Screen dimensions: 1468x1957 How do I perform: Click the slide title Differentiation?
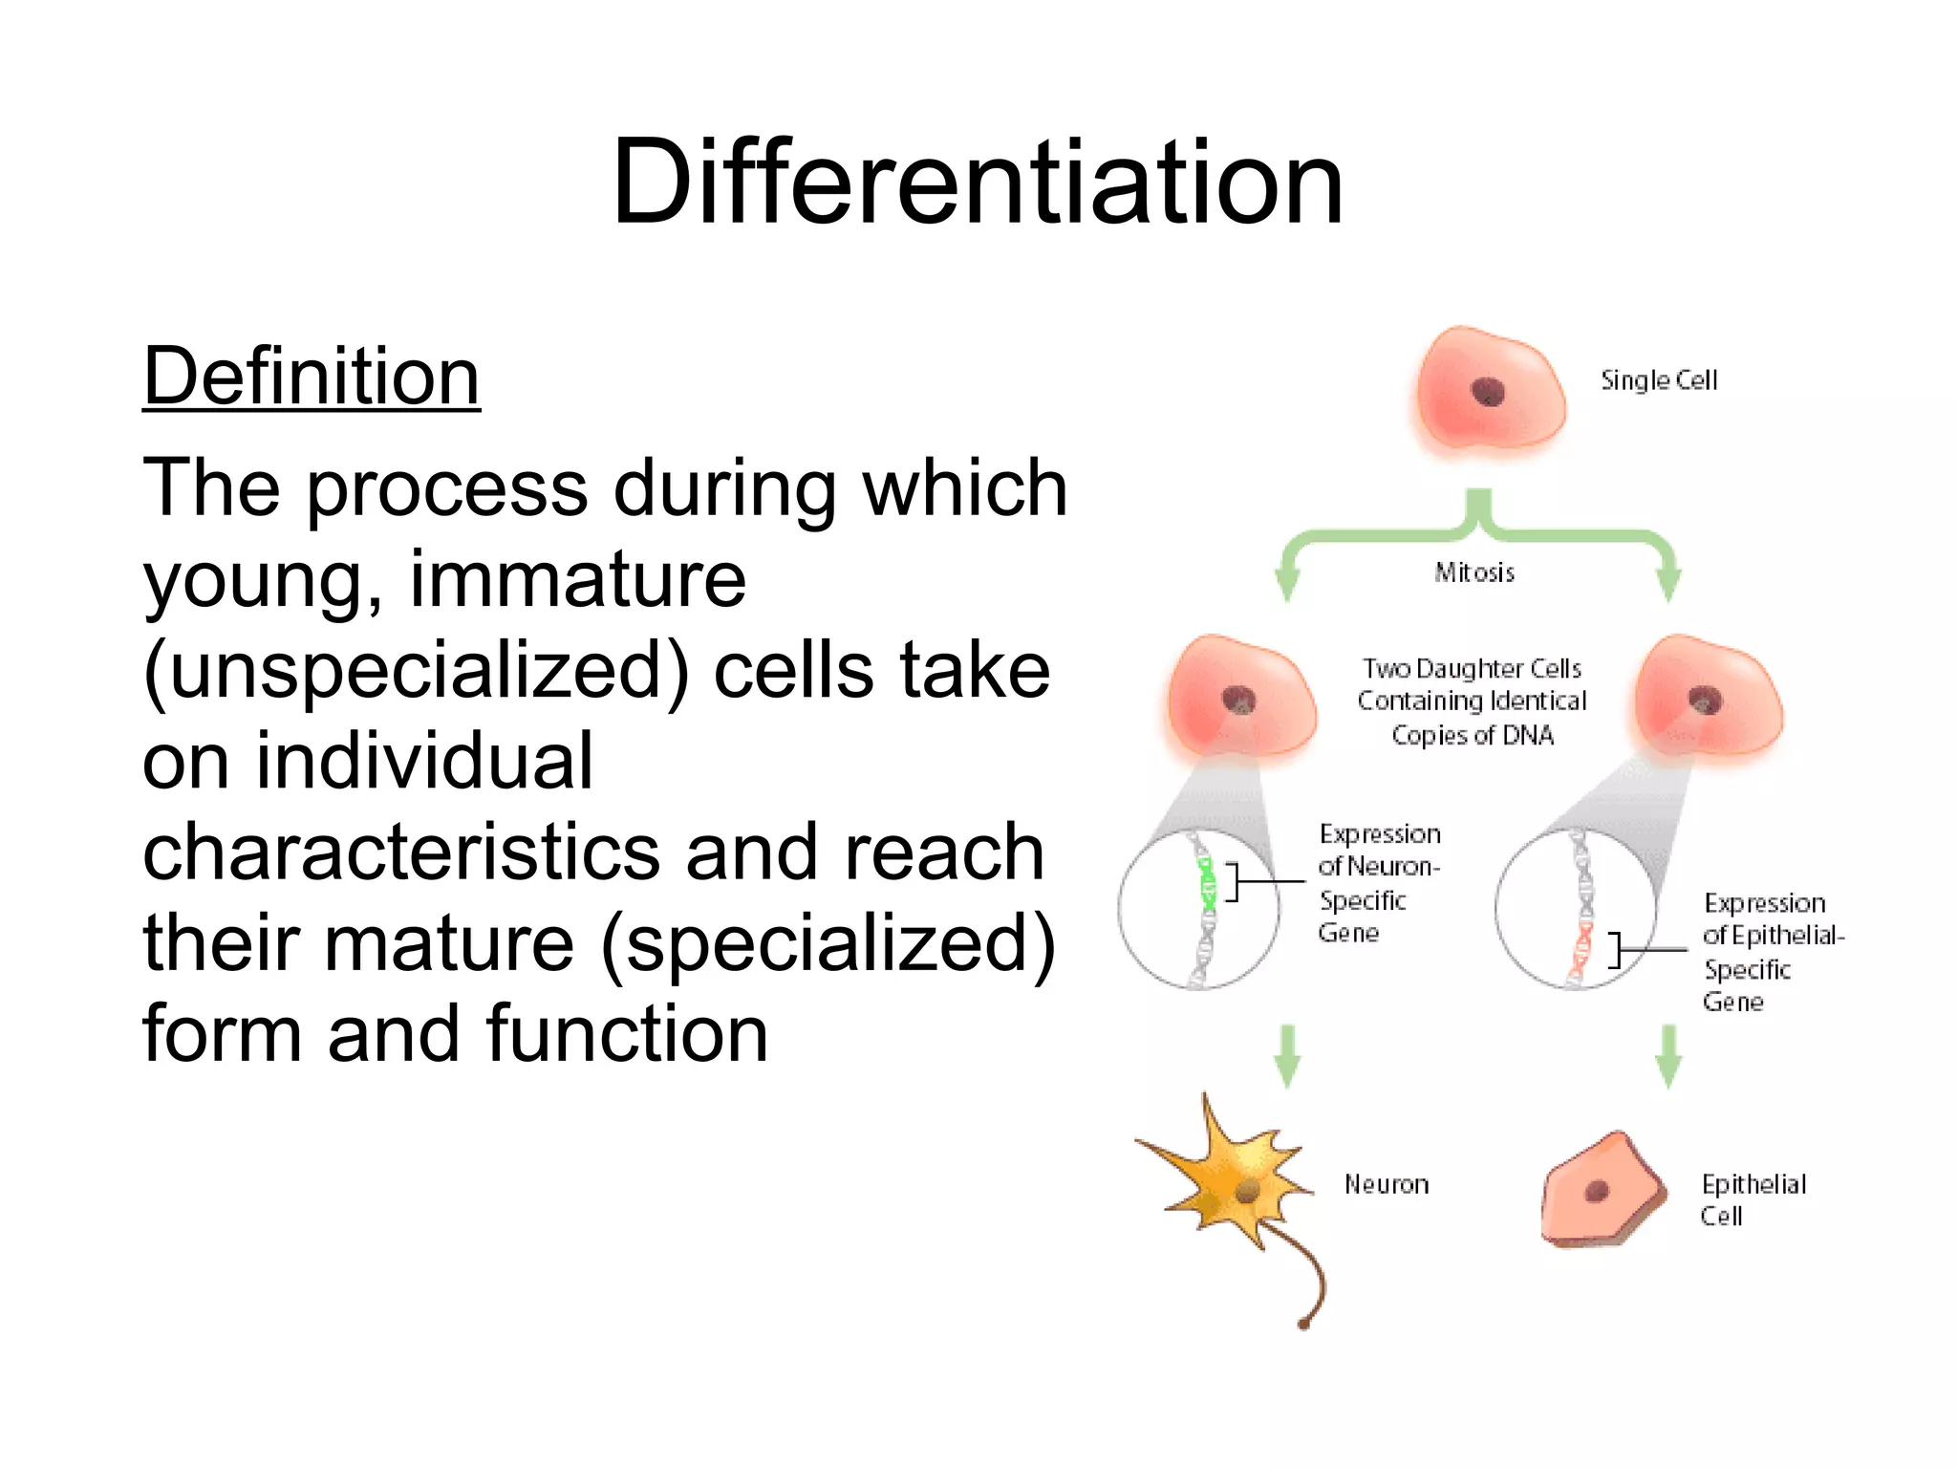coord(977,182)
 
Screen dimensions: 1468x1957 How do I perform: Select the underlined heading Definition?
coord(311,377)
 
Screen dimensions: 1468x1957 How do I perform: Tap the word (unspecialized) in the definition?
coord(416,671)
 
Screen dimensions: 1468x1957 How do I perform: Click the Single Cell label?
coord(1659,380)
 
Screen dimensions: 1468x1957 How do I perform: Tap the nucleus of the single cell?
coord(1488,392)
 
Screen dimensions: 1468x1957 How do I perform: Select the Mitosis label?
coord(1474,572)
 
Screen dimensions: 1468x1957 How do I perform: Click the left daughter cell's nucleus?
coord(1239,701)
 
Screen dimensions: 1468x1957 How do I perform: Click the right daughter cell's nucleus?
coord(1706,701)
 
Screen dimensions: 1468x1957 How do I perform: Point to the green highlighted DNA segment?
coord(1207,884)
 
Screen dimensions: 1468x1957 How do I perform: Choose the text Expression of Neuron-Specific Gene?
coord(1378,883)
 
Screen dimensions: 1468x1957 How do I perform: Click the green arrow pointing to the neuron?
coord(1287,1056)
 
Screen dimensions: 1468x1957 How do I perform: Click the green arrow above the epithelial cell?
coord(1668,1056)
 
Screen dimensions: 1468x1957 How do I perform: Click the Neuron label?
coord(1387,1185)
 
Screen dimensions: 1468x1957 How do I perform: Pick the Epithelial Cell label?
coord(1753,1199)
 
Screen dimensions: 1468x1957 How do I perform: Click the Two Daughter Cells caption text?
coord(1472,702)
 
